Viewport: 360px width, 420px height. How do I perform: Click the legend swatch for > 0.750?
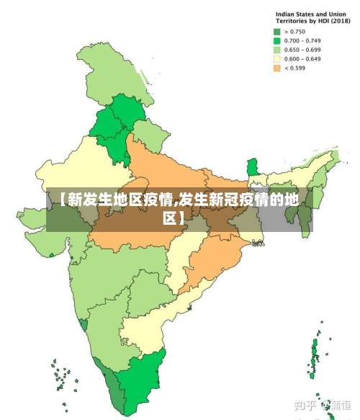click(x=276, y=32)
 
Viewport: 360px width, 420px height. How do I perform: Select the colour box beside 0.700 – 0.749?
click(x=276, y=41)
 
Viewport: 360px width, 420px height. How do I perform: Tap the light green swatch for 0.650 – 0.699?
click(x=276, y=50)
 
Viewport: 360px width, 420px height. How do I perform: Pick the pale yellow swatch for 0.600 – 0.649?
click(x=276, y=59)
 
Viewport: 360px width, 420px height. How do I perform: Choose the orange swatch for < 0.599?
click(x=276, y=68)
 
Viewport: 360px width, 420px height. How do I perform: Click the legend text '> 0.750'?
click(x=295, y=32)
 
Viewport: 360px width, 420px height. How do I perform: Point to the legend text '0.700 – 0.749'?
click(x=302, y=41)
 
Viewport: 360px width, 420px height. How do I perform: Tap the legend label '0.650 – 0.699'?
click(x=302, y=50)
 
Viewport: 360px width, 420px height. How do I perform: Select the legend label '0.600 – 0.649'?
click(x=302, y=59)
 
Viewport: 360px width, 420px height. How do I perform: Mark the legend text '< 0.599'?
click(x=295, y=68)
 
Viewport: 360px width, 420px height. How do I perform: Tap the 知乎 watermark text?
click(x=305, y=404)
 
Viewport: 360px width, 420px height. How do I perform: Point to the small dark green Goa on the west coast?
click(x=85, y=325)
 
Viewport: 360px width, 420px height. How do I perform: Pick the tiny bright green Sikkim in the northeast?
click(x=251, y=168)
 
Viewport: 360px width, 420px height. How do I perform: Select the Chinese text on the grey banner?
click(x=179, y=207)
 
